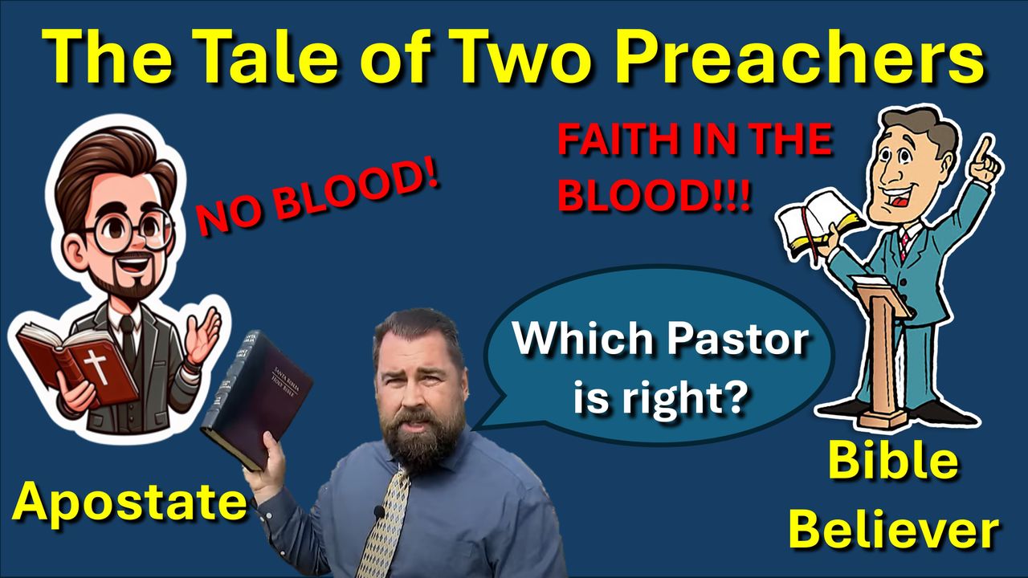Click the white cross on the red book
(97, 365)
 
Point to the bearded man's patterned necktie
(385, 523)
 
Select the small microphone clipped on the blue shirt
(378, 511)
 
